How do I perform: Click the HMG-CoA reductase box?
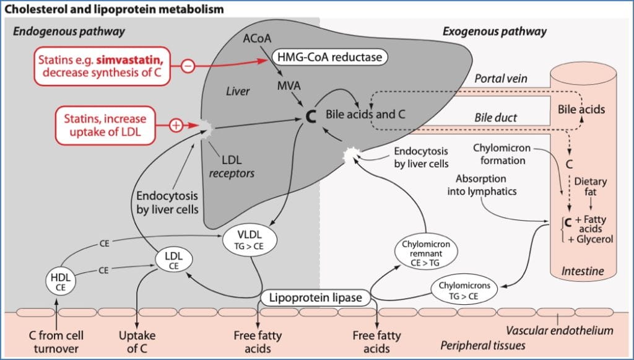(329, 58)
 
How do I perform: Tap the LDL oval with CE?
(173, 260)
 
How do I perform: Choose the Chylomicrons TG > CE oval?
(464, 290)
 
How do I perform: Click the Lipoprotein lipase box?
(315, 298)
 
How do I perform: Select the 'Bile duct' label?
(496, 117)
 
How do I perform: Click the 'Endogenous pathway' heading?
(69, 32)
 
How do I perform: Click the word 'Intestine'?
(582, 271)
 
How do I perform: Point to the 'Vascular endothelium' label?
(559, 330)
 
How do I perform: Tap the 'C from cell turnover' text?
(56, 341)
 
